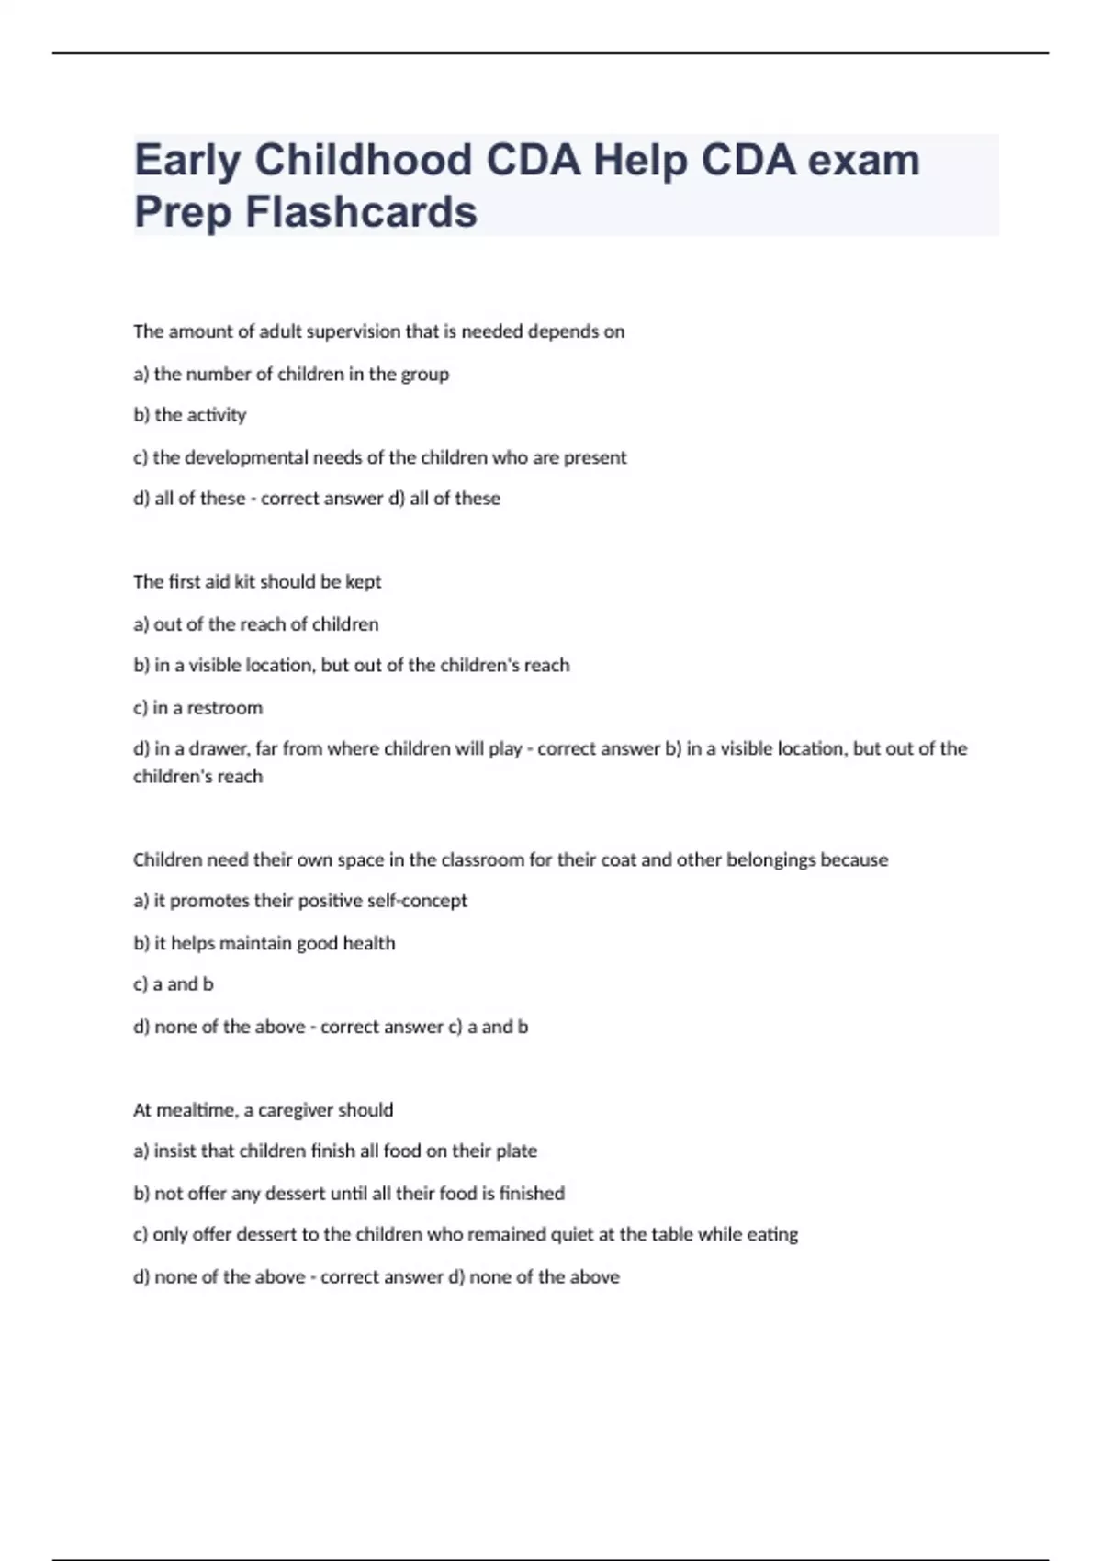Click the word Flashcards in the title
click(x=361, y=212)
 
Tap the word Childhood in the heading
click(x=363, y=161)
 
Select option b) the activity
click(x=190, y=415)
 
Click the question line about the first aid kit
click(x=257, y=582)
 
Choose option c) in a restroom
click(x=197, y=708)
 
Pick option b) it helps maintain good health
click(x=264, y=943)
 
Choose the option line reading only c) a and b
click(x=174, y=984)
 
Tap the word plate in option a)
click(x=516, y=1151)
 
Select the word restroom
click(x=224, y=708)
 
